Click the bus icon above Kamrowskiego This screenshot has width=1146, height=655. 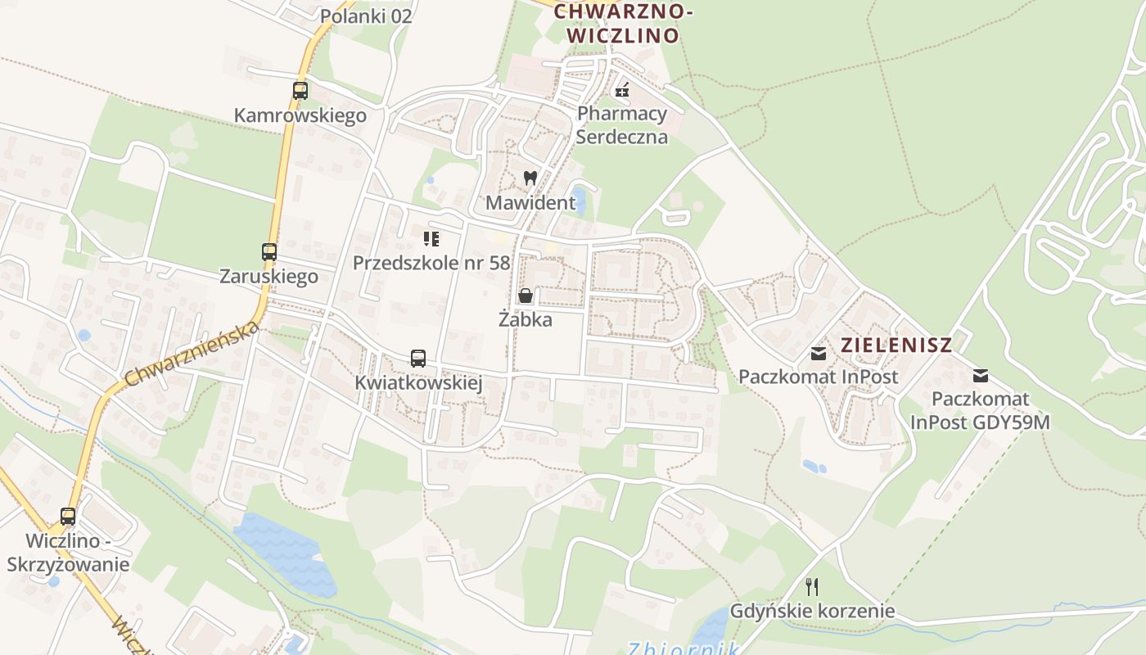(300, 91)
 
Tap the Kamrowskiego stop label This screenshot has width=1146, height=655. (300, 115)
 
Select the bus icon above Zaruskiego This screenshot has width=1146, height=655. (269, 252)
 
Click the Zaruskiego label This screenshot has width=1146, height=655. (268, 276)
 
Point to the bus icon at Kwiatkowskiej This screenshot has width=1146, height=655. (418, 359)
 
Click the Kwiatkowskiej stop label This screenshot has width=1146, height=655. (418, 382)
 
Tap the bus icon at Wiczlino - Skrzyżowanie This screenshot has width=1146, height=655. (68, 517)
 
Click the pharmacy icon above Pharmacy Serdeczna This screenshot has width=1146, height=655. (622, 90)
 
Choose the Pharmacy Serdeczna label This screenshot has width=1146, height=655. (622, 124)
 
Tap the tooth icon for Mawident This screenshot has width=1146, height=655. (530, 178)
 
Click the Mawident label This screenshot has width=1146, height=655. (530, 201)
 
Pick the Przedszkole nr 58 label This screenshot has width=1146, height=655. (431, 263)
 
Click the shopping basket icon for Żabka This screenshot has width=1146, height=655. (526, 296)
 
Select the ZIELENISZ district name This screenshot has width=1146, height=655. (896, 345)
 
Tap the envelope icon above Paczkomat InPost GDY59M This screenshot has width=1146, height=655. (980, 376)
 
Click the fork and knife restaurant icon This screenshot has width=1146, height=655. (811, 586)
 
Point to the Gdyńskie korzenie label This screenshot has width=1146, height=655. (811, 611)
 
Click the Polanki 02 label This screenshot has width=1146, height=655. (366, 16)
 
